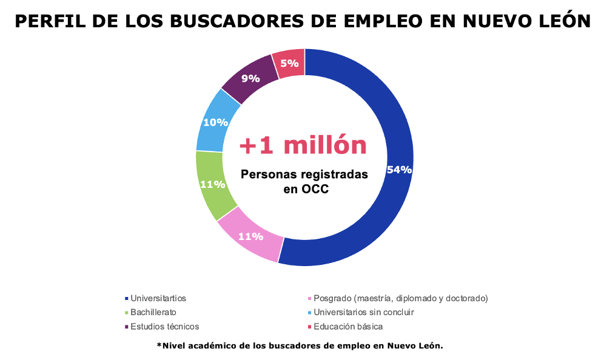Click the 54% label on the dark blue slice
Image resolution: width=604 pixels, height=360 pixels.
pos(399,170)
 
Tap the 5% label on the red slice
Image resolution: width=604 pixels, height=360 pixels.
pos(289,62)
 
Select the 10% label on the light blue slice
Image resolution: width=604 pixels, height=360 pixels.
pos(215,122)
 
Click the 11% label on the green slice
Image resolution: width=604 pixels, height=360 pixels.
pos(213,185)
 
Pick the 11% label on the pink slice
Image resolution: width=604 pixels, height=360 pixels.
pos(250,236)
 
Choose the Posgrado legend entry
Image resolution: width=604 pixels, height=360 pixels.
pos(400,298)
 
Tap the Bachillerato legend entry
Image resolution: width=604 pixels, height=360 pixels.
pos(153,312)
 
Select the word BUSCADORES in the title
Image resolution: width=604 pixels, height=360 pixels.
pos(230,22)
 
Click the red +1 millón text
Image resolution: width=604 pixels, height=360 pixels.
pos(303,145)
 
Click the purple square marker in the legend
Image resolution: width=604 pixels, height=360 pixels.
pos(126,327)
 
